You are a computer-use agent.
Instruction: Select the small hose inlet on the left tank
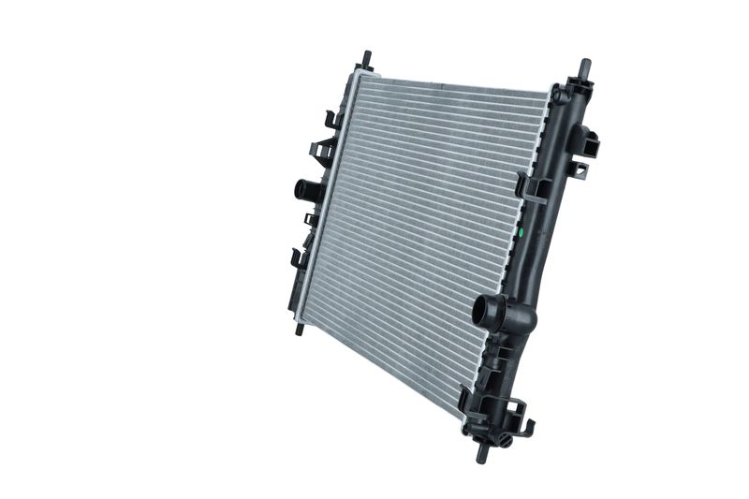pos(304,189)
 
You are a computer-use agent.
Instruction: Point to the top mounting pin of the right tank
pos(584,67)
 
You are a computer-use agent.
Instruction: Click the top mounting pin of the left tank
pos(366,58)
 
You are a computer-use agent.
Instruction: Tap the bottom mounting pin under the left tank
pos(300,329)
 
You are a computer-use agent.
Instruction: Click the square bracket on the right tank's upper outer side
pos(589,141)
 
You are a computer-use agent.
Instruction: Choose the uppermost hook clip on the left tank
pos(331,119)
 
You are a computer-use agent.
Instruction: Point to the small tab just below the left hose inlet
pos(310,219)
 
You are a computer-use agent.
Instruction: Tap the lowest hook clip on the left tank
pos(297,256)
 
